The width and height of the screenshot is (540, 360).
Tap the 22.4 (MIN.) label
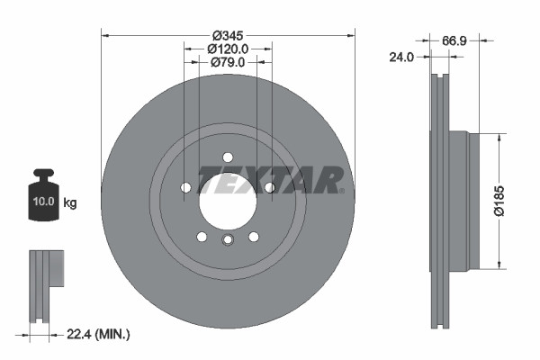tap(100, 334)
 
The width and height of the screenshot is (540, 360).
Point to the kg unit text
tap(70, 203)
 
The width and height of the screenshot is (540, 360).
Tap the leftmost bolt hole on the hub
tap(185, 187)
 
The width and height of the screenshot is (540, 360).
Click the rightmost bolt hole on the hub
tap(269, 187)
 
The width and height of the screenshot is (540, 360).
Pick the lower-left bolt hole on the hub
tap(202, 236)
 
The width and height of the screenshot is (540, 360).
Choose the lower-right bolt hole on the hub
tap(254, 236)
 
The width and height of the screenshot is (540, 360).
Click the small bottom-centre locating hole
tap(228, 239)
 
